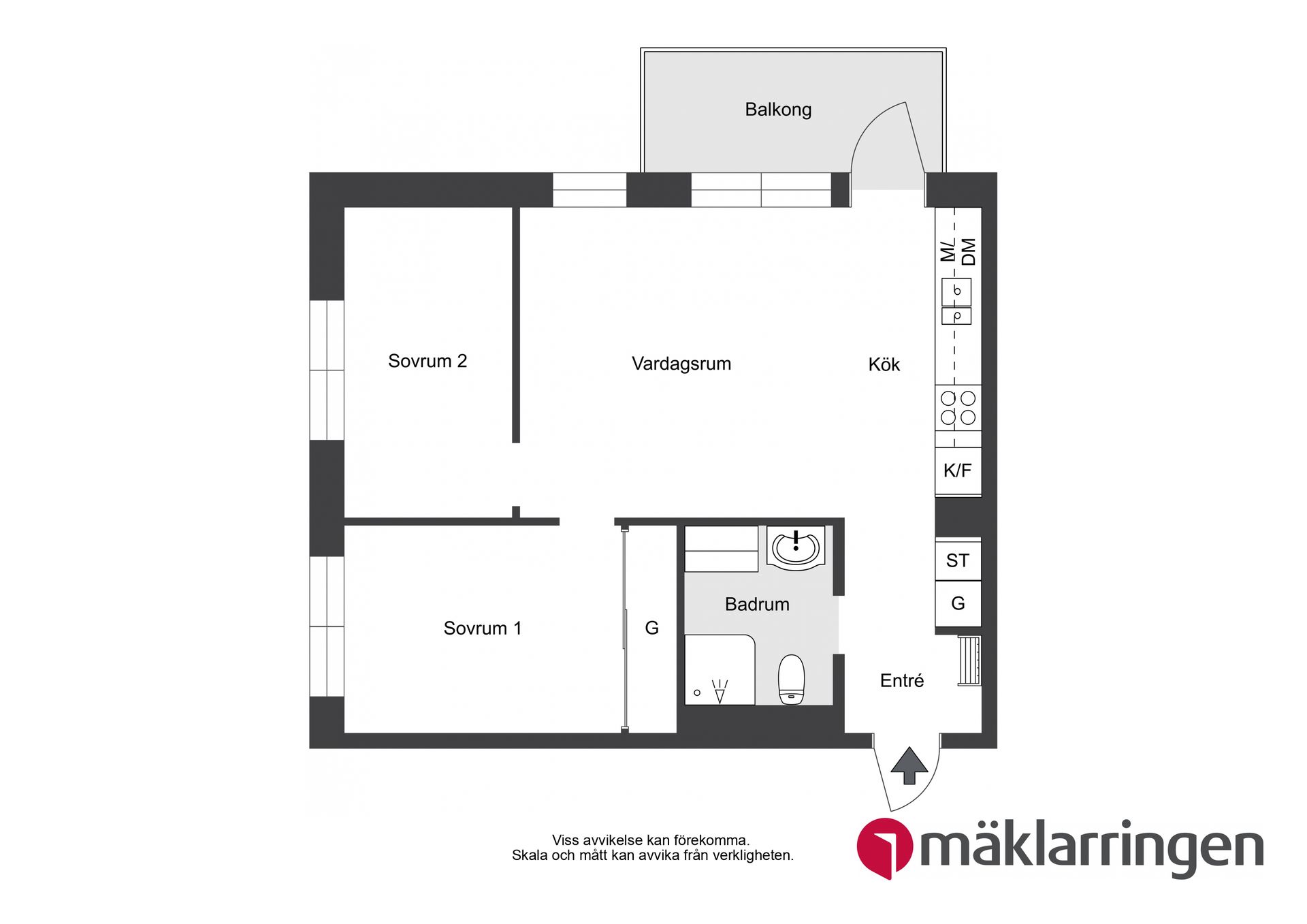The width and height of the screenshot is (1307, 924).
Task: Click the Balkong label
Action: (778, 110)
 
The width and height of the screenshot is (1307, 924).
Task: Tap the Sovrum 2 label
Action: (427, 361)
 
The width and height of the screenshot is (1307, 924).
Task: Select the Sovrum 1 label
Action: (483, 628)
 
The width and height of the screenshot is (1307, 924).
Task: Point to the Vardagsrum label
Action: (681, 364)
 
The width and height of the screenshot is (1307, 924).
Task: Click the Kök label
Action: (884, 365)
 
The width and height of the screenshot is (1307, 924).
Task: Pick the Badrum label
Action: (757, 604)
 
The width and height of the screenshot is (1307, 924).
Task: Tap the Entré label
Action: (902, 680)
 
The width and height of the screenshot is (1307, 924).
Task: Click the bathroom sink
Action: (795, 547)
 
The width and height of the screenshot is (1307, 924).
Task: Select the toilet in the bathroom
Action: (791, 678)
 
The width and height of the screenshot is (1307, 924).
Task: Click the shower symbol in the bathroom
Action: (719, 690)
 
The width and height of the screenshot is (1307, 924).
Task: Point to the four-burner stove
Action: (958, 407)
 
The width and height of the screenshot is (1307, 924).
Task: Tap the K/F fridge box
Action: (958, 471)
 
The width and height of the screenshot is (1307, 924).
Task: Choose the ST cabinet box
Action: (958, 560)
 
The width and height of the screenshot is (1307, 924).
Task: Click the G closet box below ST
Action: (958, 603)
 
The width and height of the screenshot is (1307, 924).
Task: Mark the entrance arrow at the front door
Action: (909, 765)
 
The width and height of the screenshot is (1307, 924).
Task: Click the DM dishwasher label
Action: (969, 251)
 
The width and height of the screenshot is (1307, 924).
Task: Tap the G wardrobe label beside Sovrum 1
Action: (651, 628)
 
